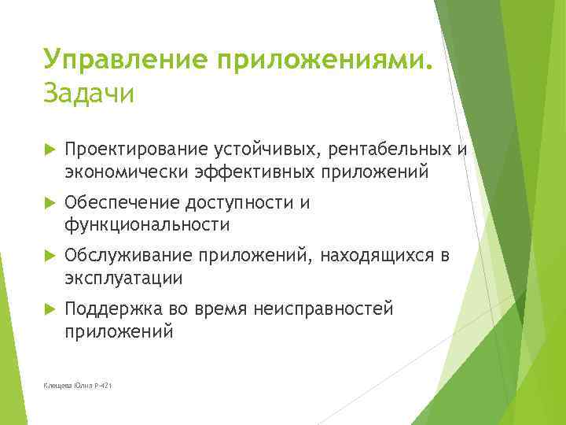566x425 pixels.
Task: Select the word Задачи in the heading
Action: [x=90, y=93]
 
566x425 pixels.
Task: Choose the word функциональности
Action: [x=148, y=225]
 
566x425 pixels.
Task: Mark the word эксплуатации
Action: [x=123, y=278]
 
